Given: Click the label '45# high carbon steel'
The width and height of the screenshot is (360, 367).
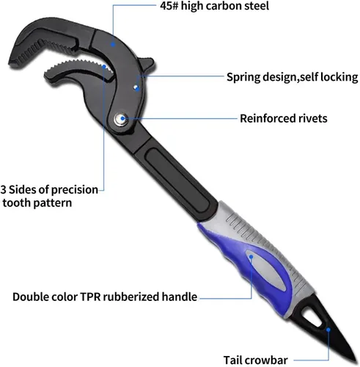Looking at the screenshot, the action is coord(214,6).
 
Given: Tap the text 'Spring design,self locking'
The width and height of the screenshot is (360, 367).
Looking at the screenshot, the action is coord(293,77).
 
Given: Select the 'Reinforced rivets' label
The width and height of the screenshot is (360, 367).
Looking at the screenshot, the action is coord(284,118).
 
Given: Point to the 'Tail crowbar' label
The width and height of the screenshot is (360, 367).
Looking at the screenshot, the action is coord(256,360).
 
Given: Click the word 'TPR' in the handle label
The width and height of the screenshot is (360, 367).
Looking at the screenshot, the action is coord(90,297).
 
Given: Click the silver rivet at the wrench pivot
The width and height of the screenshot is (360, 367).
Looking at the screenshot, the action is coord(121,119).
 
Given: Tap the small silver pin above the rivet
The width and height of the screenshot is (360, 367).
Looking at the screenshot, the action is coord(135,87).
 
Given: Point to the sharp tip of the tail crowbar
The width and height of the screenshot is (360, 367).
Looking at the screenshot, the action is coord(357,363).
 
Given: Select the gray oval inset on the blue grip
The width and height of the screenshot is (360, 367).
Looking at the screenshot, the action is coord(265,269).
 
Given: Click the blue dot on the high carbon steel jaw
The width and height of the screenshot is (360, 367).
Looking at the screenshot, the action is coord(113,44).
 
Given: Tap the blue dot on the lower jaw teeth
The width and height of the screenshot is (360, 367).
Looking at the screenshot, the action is coord(104,67).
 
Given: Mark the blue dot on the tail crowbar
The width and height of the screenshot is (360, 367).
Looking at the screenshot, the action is coord(328,330).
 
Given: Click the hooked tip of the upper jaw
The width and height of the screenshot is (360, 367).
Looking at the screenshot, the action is coord(11,63).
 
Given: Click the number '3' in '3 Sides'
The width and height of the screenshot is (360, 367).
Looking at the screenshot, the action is coord(3,189).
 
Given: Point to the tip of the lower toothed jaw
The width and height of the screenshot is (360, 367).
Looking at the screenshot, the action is coord(47,73).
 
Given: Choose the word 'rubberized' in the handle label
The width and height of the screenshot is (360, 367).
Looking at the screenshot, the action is coord(131,297).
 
